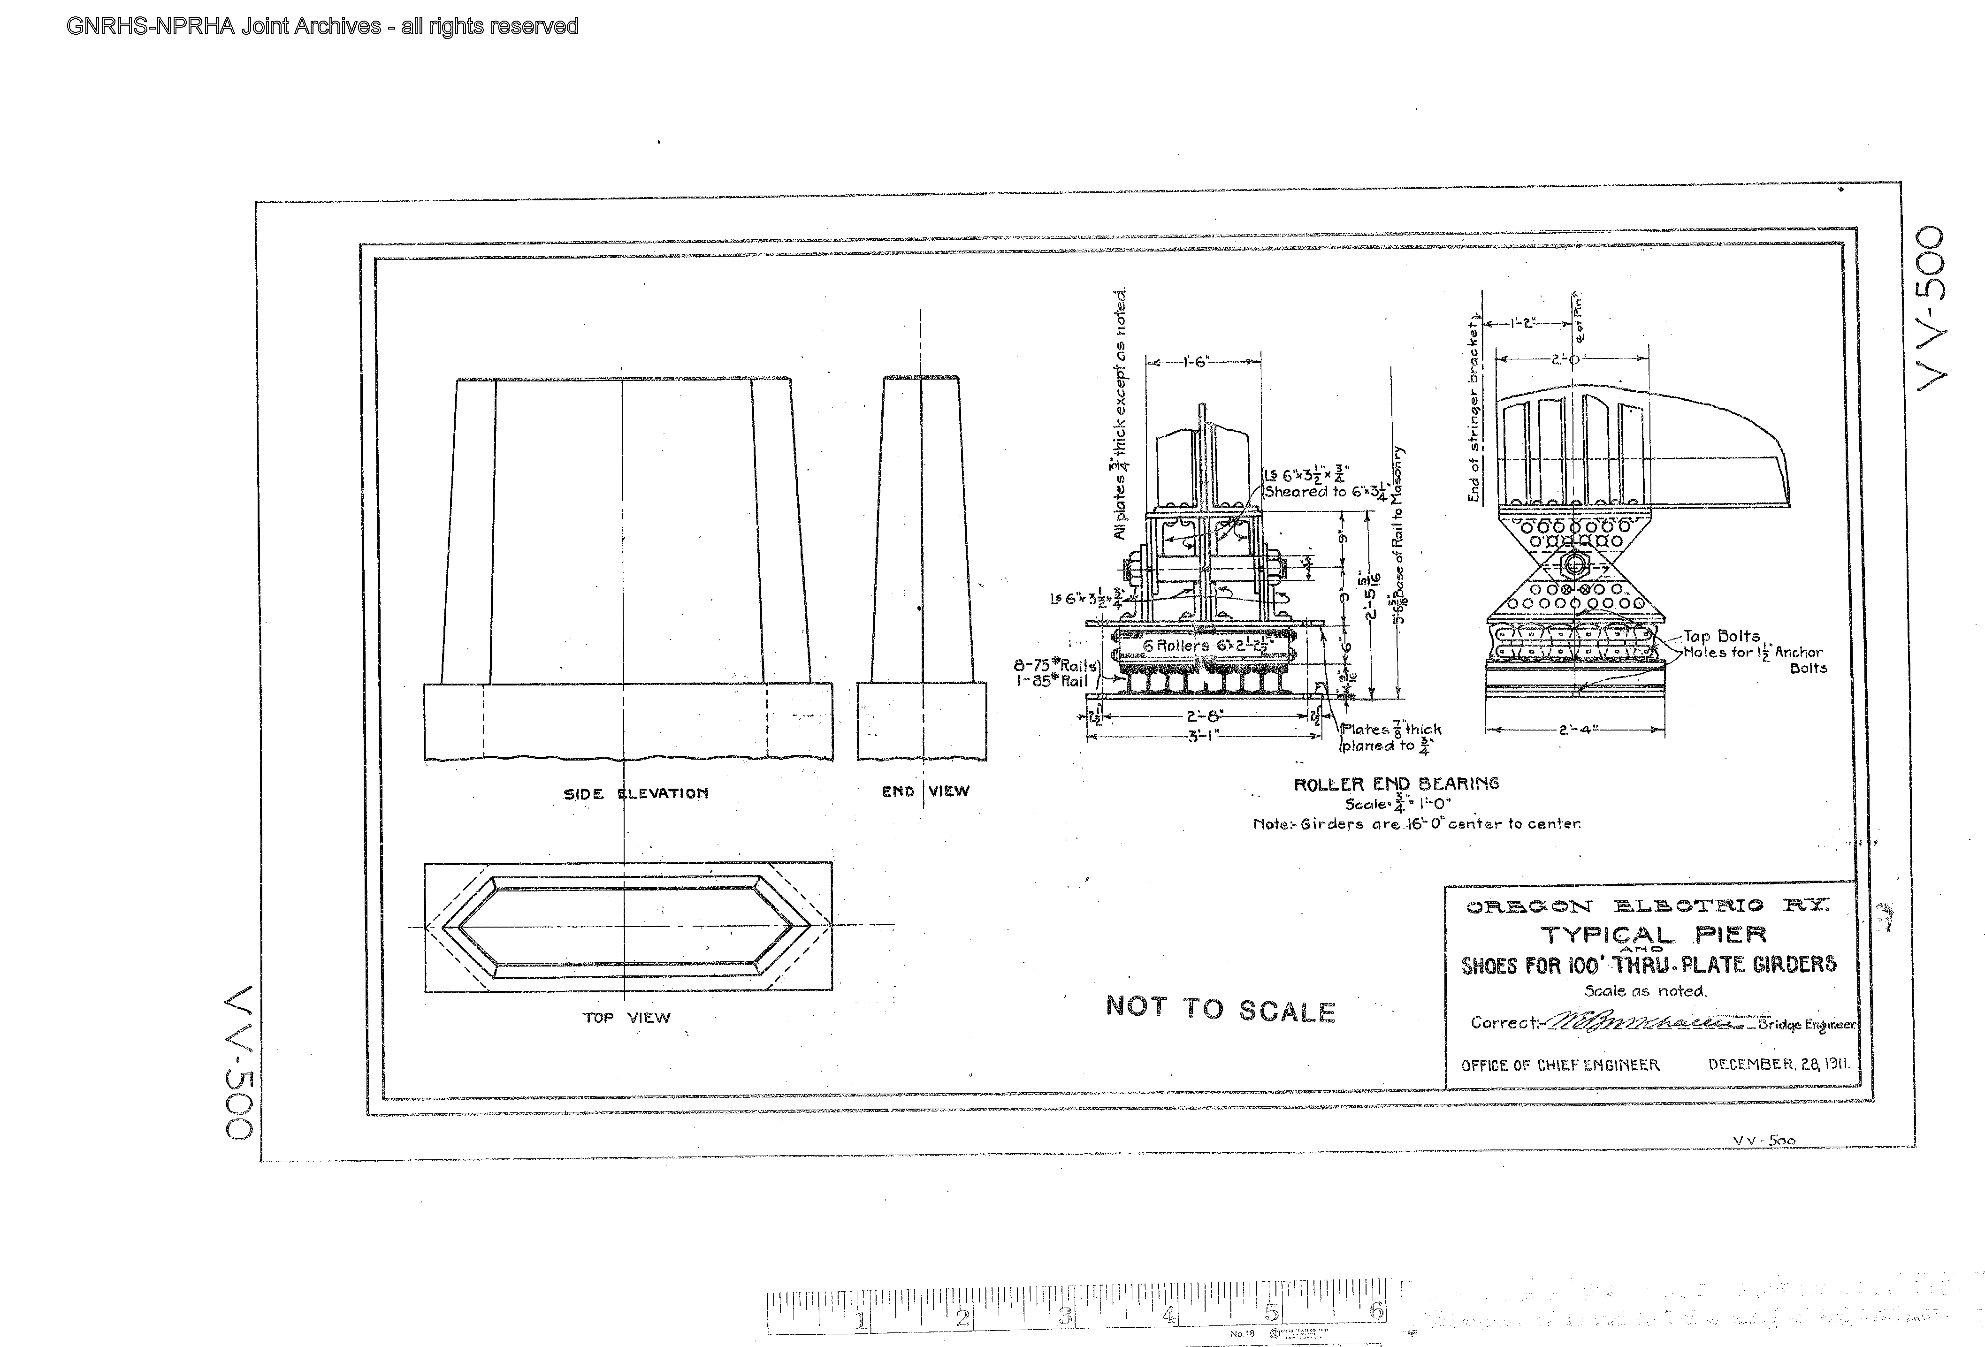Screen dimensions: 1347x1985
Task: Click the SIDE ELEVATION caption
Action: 635,793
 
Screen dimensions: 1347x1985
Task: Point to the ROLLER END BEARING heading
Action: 1396,784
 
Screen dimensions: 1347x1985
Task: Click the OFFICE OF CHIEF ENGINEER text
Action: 1560,1065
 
